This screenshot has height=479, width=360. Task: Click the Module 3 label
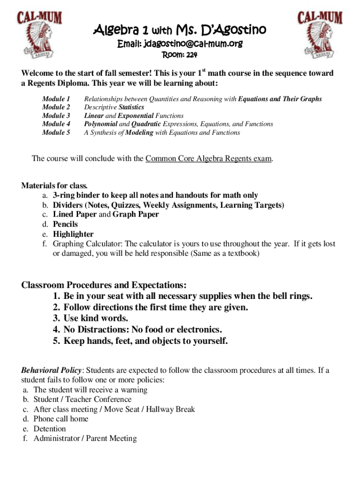[56, 116]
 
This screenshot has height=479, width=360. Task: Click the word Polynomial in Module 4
[100, 124]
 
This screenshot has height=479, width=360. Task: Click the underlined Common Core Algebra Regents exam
[209, 159]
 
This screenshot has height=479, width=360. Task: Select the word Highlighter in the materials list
[73, 234]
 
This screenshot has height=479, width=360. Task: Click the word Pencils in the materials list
[65, 224]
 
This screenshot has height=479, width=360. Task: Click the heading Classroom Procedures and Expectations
[104, 285]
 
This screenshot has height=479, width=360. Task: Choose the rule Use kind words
[95, 319]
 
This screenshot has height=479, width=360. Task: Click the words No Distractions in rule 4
[95, 330]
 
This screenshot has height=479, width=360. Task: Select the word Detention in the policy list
[50, 428]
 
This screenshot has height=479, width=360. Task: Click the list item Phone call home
[61, 419]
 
